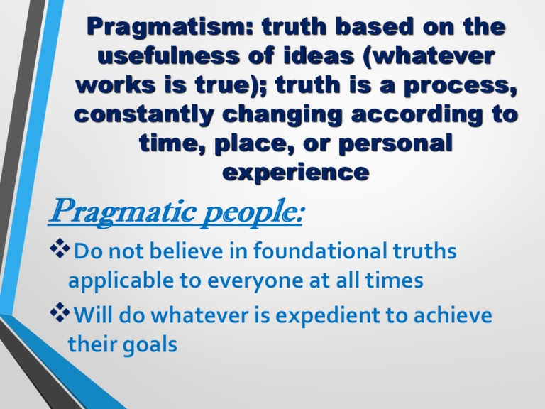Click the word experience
click(296, 173)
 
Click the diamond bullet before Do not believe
click(60, 249)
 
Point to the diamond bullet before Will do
click(60, 312)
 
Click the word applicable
click(121, 281)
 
